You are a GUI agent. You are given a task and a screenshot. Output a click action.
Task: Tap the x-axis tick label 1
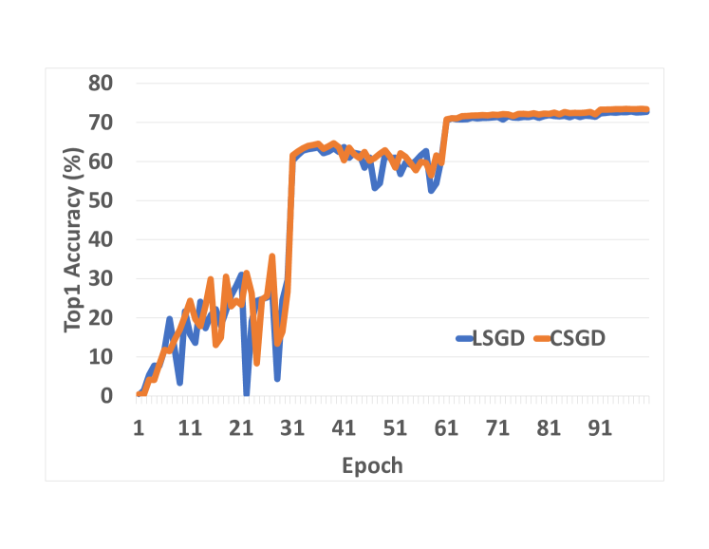click(140, 428)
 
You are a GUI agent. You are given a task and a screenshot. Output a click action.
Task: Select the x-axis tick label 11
click(190, 428)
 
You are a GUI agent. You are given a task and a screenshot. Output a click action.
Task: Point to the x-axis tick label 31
click(292, 428)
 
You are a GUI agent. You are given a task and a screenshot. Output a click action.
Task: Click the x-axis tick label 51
click(395, 428)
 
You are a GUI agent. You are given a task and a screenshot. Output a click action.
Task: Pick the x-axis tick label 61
click(446, 428)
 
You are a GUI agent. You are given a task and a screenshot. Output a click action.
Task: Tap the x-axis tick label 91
click(599, 428)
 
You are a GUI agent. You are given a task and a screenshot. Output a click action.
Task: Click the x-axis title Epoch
click(372, 465)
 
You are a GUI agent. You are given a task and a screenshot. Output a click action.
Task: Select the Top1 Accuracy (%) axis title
click(73, 239)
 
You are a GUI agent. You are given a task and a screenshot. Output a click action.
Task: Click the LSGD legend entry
click(490, 339)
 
